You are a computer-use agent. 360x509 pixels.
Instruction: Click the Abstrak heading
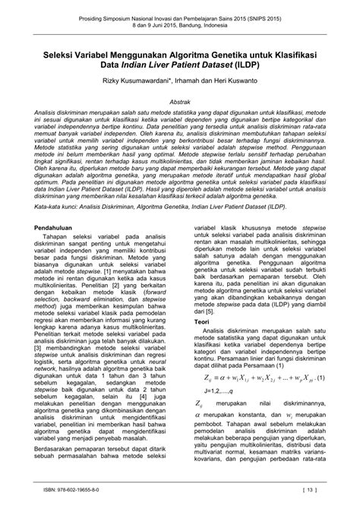click(x=180, y=100)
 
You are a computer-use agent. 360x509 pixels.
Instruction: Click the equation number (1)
click(x=322, y=378)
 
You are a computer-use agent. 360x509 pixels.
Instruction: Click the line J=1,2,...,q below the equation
click(x=215, y=391)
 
